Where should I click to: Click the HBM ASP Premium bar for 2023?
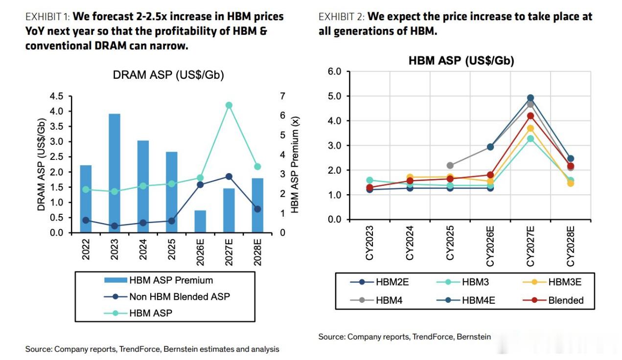click(x=115, y=173)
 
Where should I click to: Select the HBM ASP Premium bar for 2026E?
click(x=200, y=221)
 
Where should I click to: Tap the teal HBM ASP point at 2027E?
click(x=229, y=105)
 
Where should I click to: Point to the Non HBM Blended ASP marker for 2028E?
click(x=257, y=209)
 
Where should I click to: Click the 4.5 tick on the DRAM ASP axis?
click(x=57, y=96)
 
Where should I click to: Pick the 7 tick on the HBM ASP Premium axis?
click(x=282, y=96)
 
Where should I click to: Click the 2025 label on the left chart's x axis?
click(x=172, y=249)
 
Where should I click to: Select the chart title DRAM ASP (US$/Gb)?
click(x=168, y=75)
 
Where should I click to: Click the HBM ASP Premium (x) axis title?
click(x=295, y=165)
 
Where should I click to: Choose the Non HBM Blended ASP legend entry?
click(x=167, y=297)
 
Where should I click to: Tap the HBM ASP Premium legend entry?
click(x=159, y=280)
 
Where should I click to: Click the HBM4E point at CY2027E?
click(x=530, y=98)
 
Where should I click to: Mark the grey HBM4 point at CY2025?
click(x=450, y=166)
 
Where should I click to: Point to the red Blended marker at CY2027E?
click(x=530, y=116)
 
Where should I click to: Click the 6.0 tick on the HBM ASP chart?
click(x=334, y=71)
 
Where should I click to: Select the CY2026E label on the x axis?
click(x=490, y=246)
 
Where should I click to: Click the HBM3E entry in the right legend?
click(x=552, y=282)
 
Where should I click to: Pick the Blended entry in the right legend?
click(x=553, y=300)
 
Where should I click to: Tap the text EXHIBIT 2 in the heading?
click(x=342, y=17)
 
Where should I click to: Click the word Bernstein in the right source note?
click(x=474, y=337)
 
